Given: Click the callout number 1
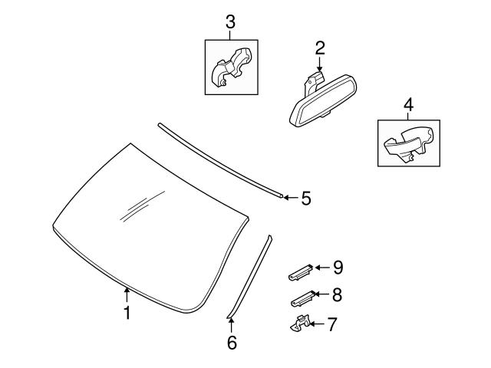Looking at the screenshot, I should point(127,313).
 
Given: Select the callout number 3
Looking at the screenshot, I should point(229,21).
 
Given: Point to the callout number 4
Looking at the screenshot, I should point(408,103).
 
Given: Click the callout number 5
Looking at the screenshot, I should point(305,199).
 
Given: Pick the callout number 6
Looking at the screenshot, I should point(232,342).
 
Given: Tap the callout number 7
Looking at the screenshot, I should point(331,324).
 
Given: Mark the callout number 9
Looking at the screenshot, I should point(337,267).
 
